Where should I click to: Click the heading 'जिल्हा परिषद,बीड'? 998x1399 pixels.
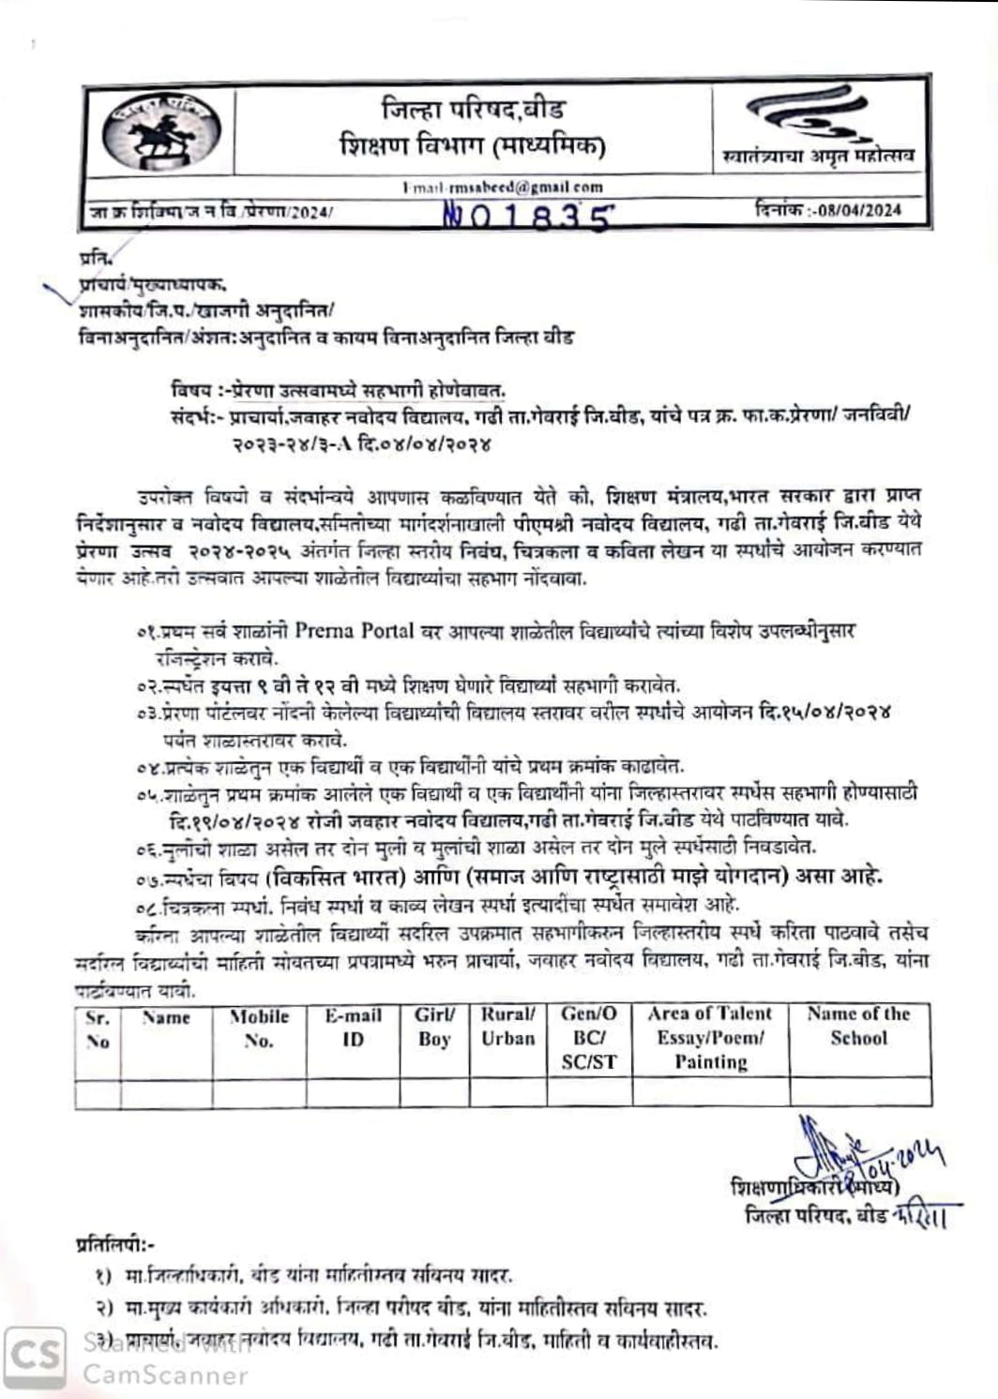[x=473, y=110]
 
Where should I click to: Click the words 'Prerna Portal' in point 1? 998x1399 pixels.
[x=354, y=630]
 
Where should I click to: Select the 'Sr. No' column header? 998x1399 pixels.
[x=98, y=1030]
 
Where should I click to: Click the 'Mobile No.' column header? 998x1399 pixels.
[x=259, y=1029]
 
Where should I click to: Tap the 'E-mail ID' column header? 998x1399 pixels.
[x=353, y=1028]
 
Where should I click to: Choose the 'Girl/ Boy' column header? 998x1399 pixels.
[x=434, y=1027]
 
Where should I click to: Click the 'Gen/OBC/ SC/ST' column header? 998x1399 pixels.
[x=589, y=1037]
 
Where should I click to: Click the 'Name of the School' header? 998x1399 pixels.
[x=858, y=1026]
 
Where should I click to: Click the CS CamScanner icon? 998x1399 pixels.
[x=36, y=1356]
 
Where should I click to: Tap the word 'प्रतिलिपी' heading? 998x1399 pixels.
[x=113, y=1245]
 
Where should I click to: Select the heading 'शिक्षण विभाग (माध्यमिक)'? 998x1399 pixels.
[x=473, y=145]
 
